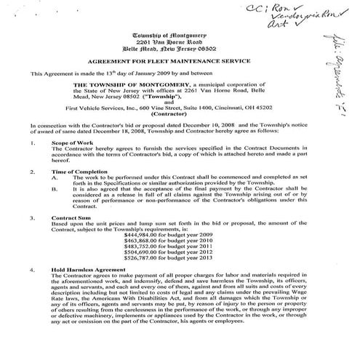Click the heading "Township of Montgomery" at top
click(x=173, y=34)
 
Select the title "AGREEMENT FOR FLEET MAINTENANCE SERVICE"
click(x=173, y=63)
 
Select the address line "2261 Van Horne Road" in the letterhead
click(x=173, y=41)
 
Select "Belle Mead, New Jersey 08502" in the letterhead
click(x=173, y=49)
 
